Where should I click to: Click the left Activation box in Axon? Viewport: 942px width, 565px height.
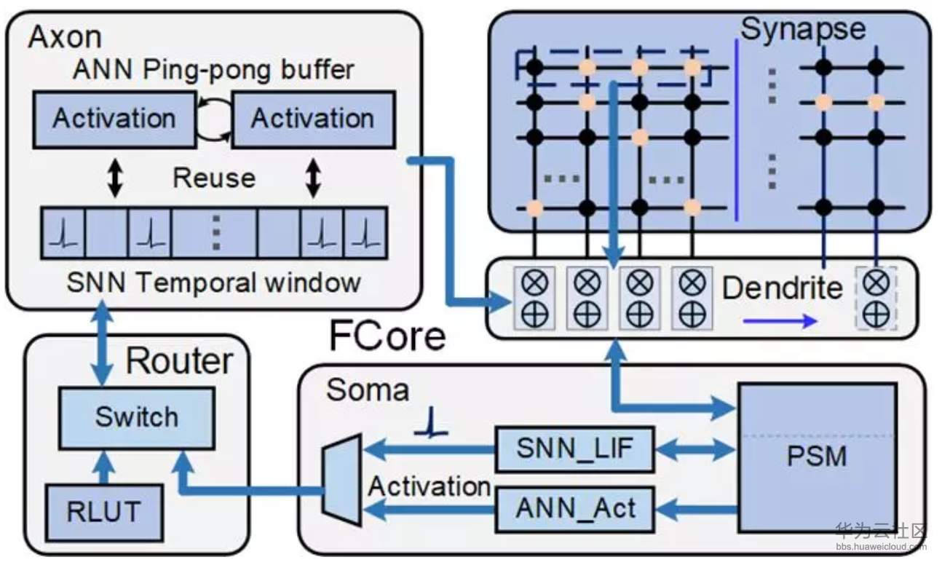pos(114,119)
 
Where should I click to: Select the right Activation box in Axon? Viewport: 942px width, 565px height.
pos(312,119)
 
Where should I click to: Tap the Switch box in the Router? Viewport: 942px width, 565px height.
pos(136,417)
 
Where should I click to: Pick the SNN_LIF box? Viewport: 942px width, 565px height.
pos(574,450)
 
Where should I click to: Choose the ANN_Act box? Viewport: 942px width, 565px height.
pos(574,507)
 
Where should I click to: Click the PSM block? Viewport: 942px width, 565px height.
pos(816,457)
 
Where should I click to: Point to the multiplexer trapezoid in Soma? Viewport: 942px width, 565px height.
pos(342,478)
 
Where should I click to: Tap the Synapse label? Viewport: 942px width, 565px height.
pos(803,29)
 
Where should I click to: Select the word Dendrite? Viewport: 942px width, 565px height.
pos(782,288)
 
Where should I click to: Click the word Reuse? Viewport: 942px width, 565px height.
pos(213,178)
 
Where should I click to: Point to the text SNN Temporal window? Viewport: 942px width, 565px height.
pos(213,282)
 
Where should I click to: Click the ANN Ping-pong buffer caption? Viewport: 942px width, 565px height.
pos(213,70)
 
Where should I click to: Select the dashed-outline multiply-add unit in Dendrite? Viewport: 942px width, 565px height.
pos(875,297)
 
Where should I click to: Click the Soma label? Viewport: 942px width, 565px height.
pos(368,390)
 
